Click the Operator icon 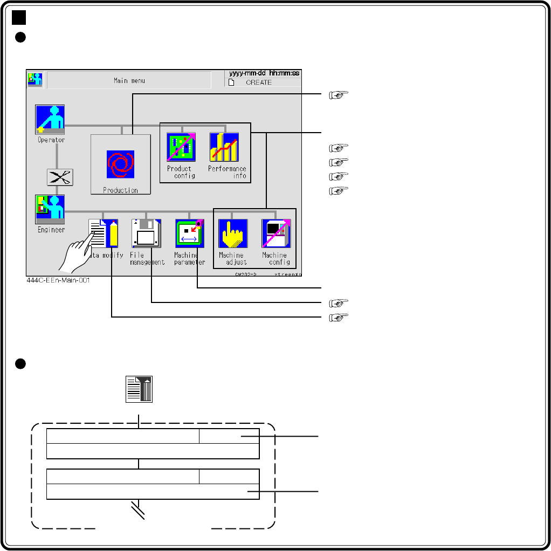[x=50, y=119]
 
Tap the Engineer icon [x=50, y=209]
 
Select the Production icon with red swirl [x=120, y=164]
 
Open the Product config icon [x=181, y=147]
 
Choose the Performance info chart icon [x=224, y=147]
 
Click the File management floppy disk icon [x=146, y=233]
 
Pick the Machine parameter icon [x=189, y=233]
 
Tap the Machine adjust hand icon [x=233, y=233]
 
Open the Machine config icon [x=276, y=233]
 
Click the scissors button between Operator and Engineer [x=60, y=177]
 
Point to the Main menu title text [x=129, y=81]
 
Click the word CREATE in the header [x=259, y=82]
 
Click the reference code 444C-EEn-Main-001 [x=58, y=280]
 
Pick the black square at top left [x=19, y=18]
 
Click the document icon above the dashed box [x=139, y=389]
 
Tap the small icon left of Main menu [x=36, y=79]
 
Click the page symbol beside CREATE [x=231, y=82]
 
